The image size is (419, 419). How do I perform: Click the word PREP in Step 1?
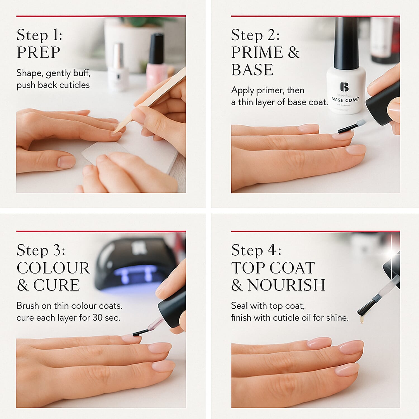[x=39, y=52]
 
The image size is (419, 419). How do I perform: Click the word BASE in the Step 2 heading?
[x=252, y=70]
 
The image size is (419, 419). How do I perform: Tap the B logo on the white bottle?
[x=344, y=87]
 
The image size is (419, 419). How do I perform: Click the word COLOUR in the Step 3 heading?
[x=53, y=268]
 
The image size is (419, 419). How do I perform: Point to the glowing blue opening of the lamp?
[x=134, y=275]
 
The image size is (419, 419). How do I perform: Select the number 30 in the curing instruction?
[x=97, y=318]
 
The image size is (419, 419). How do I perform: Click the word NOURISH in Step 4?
[x=286, y=285]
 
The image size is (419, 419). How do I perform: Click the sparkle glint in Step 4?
[x=391, y=254]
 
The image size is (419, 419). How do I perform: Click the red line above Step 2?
[x=315, y=16]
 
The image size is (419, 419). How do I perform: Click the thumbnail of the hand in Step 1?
[x=66, y=161]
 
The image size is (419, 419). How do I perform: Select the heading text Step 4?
[x=256, y=250]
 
